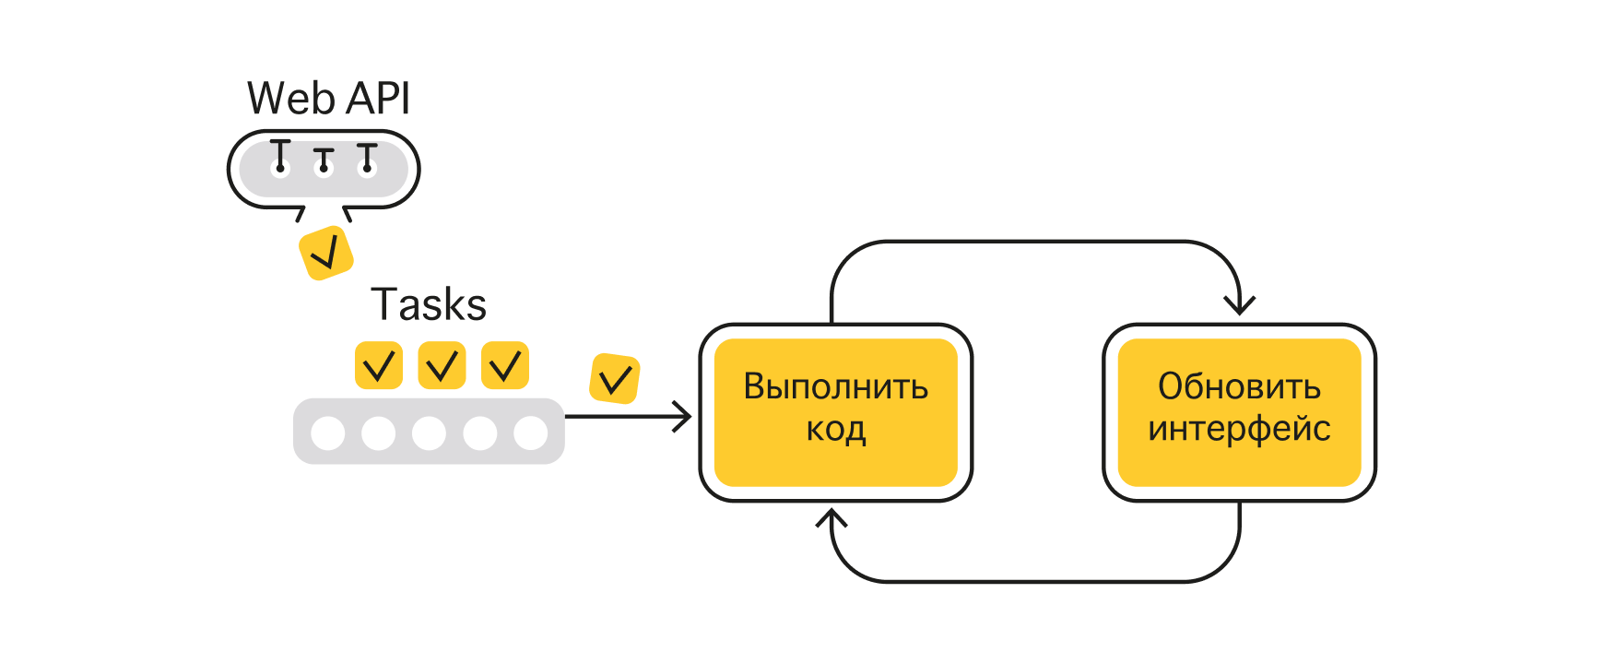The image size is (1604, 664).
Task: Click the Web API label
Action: point(328,99)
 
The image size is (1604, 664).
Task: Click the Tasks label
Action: point(429,304)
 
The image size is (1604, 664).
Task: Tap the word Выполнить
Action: point(835,386)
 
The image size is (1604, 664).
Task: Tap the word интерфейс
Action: point(1239,429)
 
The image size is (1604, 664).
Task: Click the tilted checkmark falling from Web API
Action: point(326,252)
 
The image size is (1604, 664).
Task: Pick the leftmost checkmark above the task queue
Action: point(379,366)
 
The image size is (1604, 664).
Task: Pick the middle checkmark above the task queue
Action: point(442,366)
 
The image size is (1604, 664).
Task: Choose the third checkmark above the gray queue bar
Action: point(505,366)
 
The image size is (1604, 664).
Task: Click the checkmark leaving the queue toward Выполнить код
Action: point(615,378)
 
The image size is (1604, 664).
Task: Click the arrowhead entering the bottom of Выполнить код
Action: point(831,517)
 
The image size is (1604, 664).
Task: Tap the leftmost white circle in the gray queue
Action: point(328,433)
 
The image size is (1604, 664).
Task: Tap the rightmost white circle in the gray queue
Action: point(531,433)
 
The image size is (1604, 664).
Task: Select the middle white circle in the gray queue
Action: point(430,433)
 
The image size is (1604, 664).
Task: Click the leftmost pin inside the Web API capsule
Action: point(280,157)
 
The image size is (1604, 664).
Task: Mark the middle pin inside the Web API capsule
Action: point(324,160)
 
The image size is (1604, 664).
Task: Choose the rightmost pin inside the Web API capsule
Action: point(367,158)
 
